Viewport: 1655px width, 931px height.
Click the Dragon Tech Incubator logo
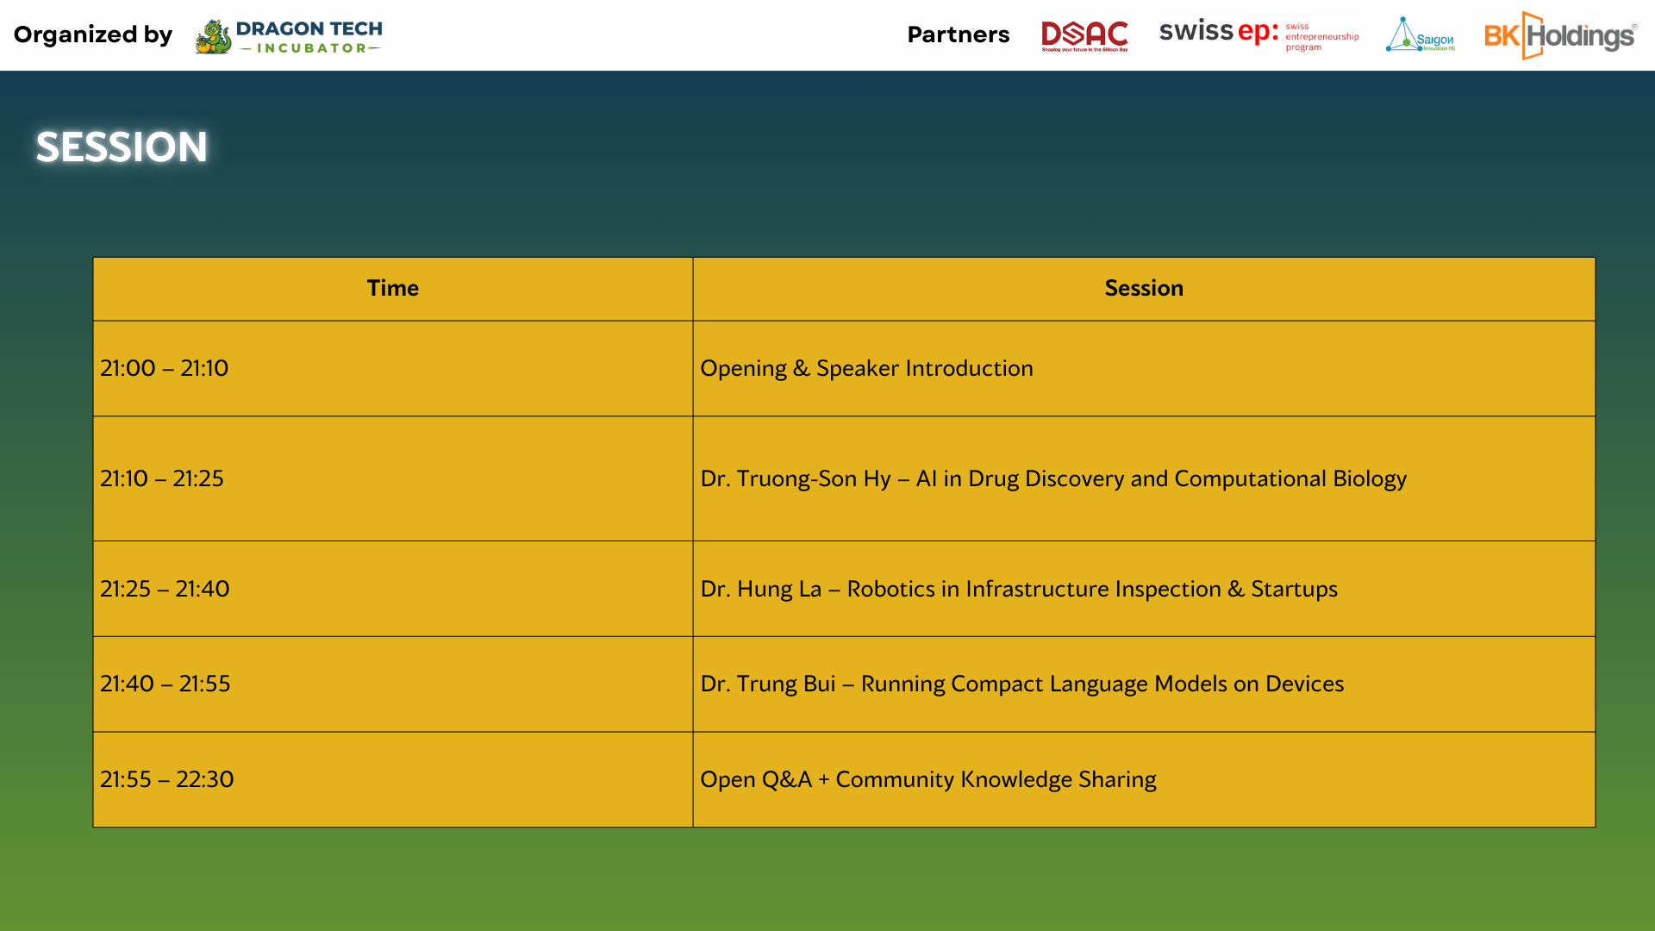tap(289, 36)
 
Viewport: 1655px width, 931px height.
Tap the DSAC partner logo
tap(1084, 36)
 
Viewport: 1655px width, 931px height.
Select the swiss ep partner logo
tap(1258, 34)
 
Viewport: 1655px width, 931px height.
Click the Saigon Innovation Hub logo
tap(1421, 34)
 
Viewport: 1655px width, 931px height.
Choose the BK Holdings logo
tap(1560, 35)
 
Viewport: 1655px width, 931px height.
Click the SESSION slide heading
tap(122, 147)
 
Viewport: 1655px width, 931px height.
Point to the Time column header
tap(393, 288)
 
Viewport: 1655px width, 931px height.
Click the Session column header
tap(1144, 288)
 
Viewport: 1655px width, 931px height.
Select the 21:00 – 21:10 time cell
tap(393, 368)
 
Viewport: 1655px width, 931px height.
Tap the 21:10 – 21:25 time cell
tap(393, 478)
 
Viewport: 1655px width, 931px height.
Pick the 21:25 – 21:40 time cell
tap(393, 589)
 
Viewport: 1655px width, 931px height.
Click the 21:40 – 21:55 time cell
tap(393, 684)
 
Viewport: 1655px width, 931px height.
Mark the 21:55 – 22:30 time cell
tap(393, 779)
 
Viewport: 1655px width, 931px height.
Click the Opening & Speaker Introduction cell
tap(1144, 368)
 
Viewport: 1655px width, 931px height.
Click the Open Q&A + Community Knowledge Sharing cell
tap(1144, 779)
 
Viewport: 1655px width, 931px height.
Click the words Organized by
tap(93, 35)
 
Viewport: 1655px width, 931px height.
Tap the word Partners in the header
tap(959, 34)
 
